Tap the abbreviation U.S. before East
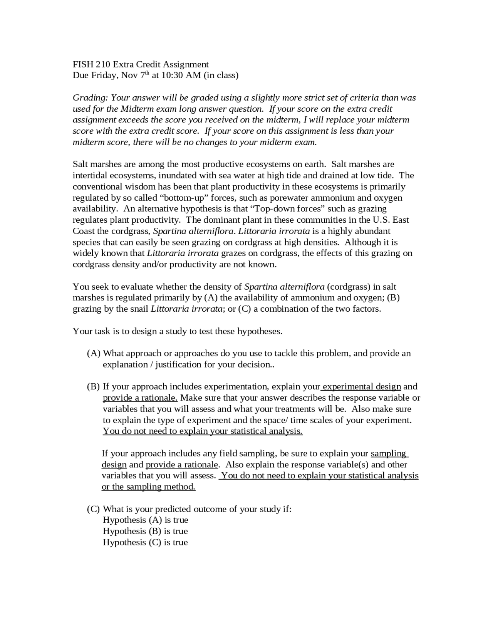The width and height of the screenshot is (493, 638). [381, 220]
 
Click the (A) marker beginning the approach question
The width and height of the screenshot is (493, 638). [94, 353]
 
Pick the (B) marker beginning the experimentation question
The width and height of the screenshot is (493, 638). [94, 387]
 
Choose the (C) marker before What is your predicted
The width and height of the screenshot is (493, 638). [94, 509]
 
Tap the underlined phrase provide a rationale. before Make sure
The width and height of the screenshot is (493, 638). [140, 398]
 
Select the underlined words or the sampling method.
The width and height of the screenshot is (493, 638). [148, 487]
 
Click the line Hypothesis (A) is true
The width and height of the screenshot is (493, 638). [145, 520]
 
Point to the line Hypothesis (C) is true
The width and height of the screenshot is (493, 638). [145, 542]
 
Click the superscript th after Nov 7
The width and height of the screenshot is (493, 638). [147, 73]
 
